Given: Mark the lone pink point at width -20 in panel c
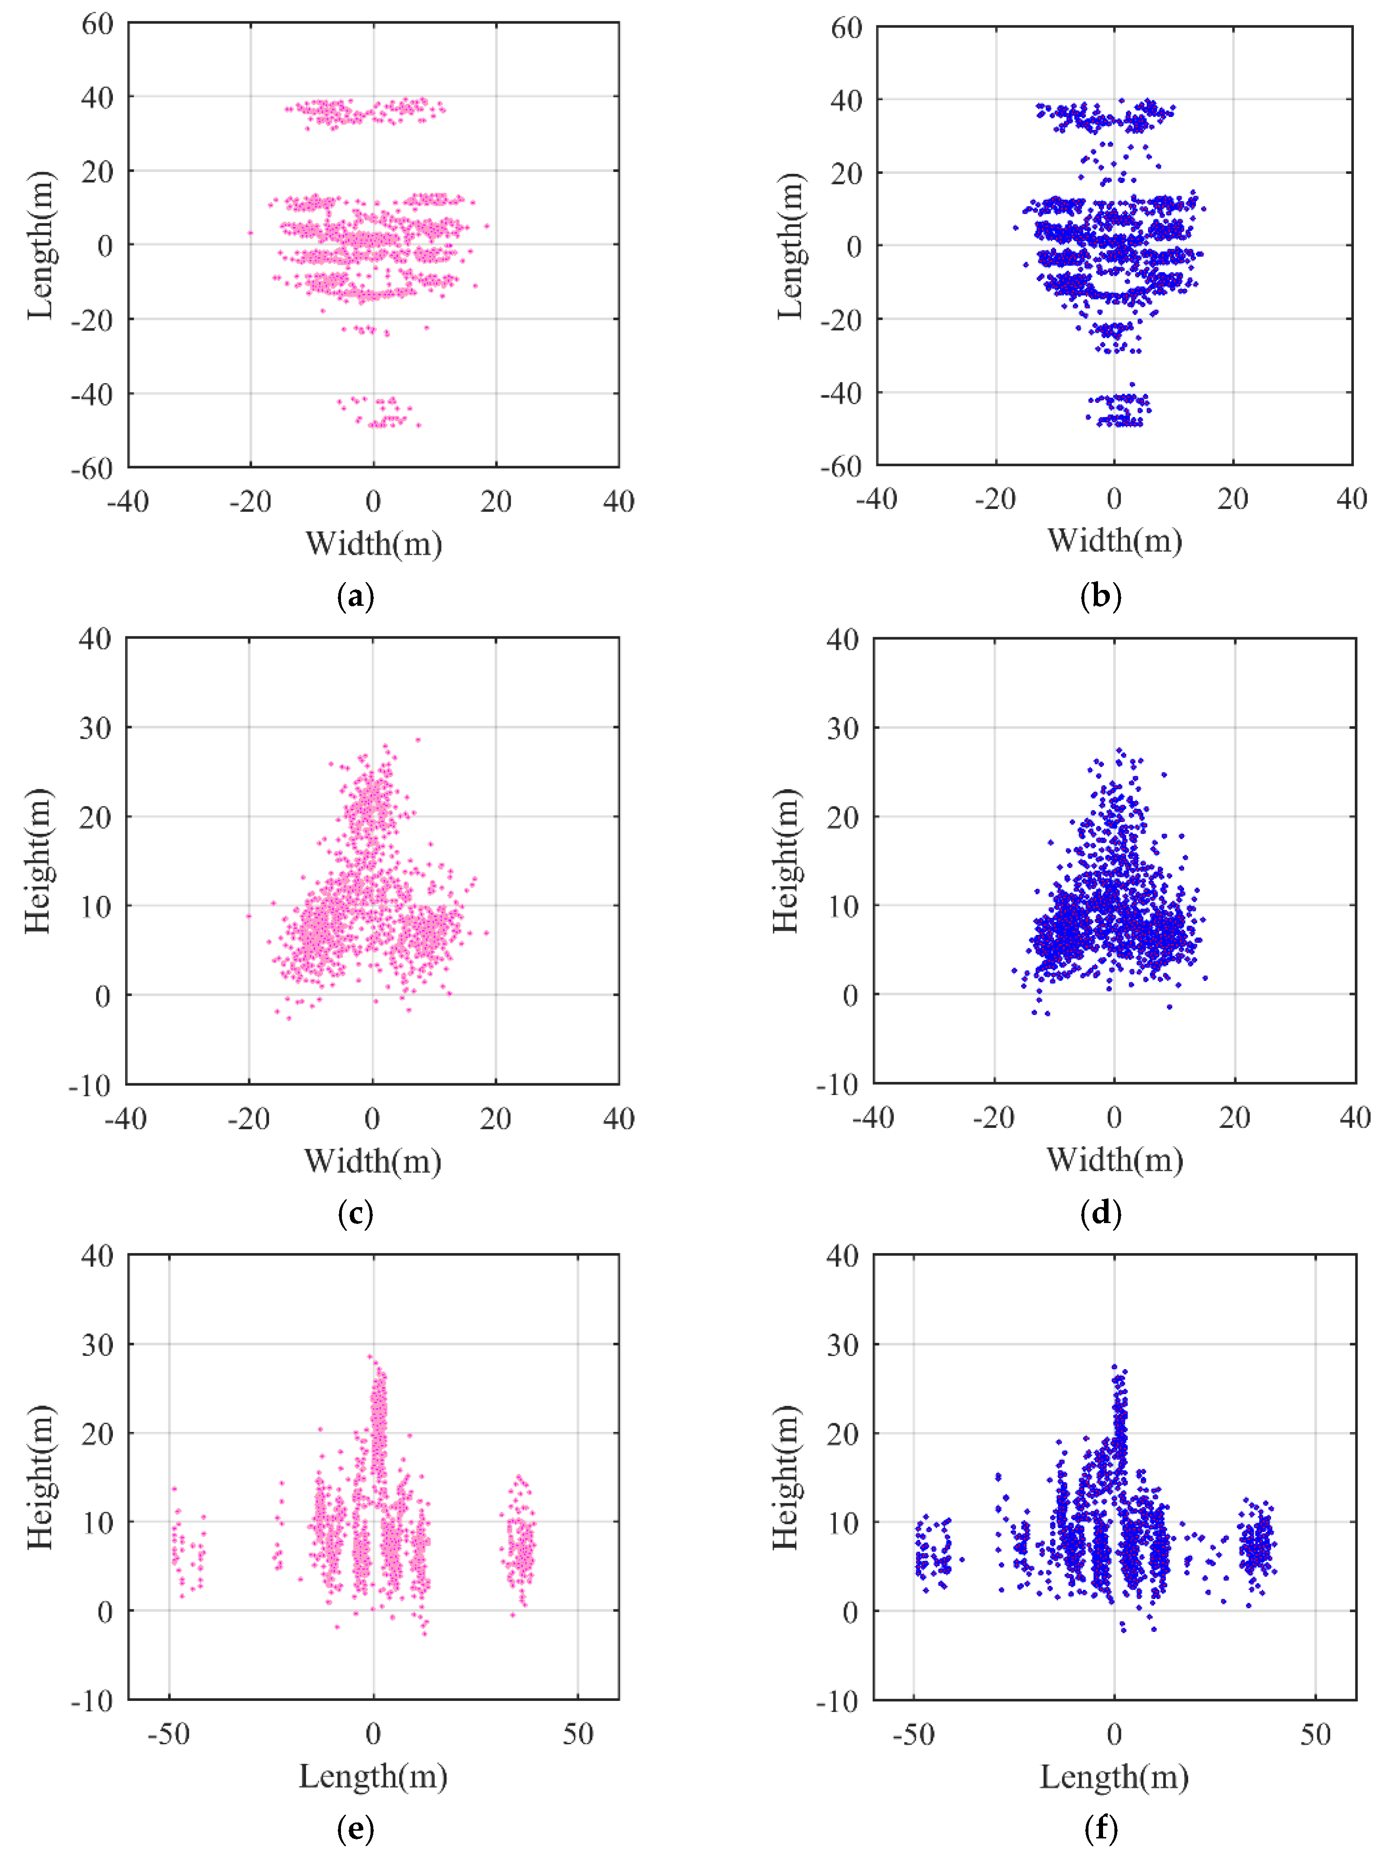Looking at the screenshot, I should (248, 916).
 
